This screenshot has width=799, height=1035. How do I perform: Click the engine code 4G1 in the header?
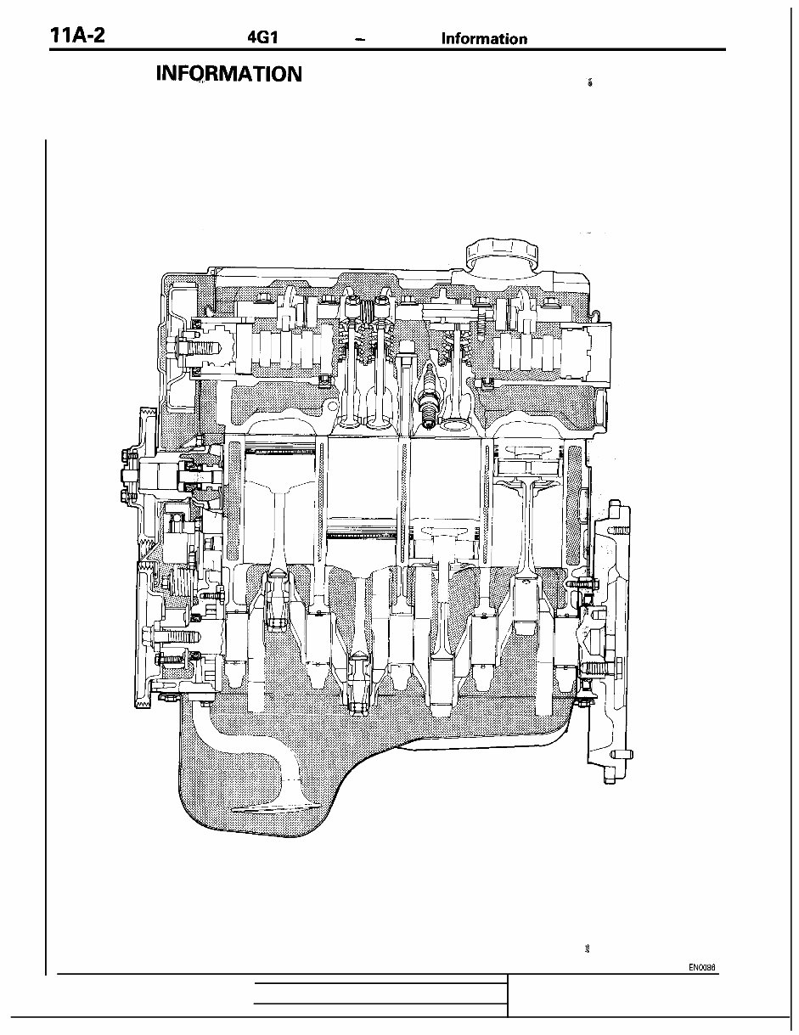click(x=262, y=39)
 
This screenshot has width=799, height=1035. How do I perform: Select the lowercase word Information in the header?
click(x=484, y=39)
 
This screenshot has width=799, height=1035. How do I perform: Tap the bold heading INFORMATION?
click(x=229, y=74)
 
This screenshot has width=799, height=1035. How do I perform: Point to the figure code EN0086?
click(x=703, y=966)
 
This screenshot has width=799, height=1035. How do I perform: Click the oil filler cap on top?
click(x=503, y=254)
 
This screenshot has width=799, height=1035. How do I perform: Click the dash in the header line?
click(x=362, y=40)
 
